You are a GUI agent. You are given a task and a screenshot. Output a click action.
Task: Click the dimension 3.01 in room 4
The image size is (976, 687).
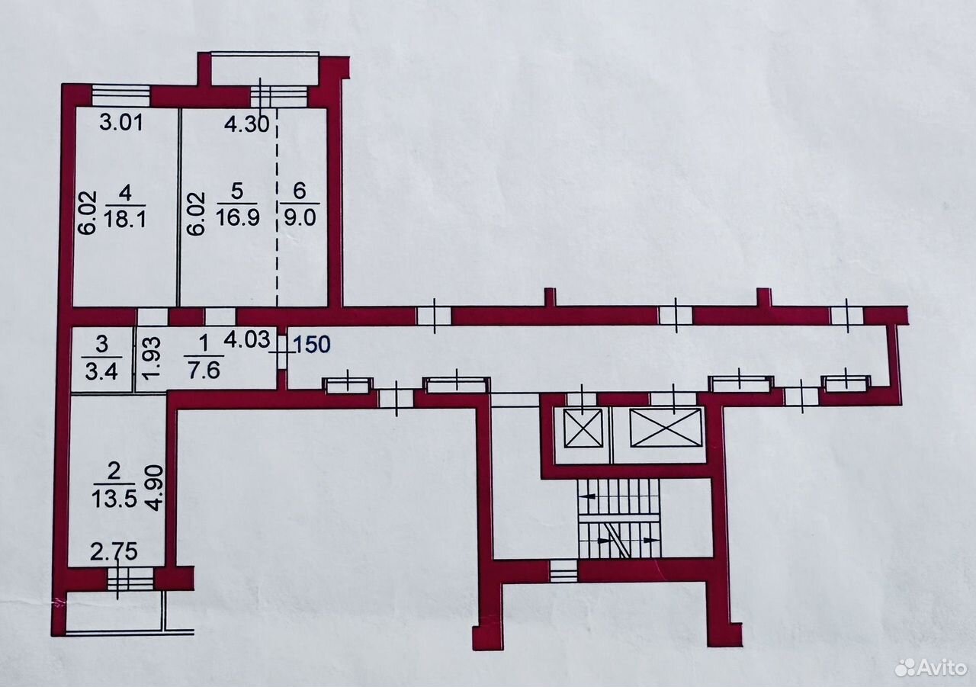[x=121, y=123]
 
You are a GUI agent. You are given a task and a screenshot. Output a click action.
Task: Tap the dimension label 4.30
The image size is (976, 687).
[x=246, y=124]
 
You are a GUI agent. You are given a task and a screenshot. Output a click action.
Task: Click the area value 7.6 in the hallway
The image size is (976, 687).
[x=204, y=371]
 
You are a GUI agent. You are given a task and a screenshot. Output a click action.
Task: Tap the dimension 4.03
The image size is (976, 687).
[x=246, y=339]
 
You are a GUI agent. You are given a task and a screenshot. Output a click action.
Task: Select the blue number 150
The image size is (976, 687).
[x=312, y=344]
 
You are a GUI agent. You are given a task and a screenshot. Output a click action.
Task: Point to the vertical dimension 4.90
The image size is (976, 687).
[x=156, y=488]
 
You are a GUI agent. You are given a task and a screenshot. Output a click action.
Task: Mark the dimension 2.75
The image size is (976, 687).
[x=114, y=552]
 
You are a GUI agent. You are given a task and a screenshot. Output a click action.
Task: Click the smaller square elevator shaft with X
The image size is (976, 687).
[x=583, y=429]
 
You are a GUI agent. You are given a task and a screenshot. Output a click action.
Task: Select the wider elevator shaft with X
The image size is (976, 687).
[x=666, y=427]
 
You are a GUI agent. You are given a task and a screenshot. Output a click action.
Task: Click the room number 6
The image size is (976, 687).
[x=300, y=191]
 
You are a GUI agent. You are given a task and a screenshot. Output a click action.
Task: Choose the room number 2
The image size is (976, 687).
[x=114, y=472]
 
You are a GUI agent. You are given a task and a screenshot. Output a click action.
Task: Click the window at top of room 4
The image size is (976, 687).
[x=121, y=95]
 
